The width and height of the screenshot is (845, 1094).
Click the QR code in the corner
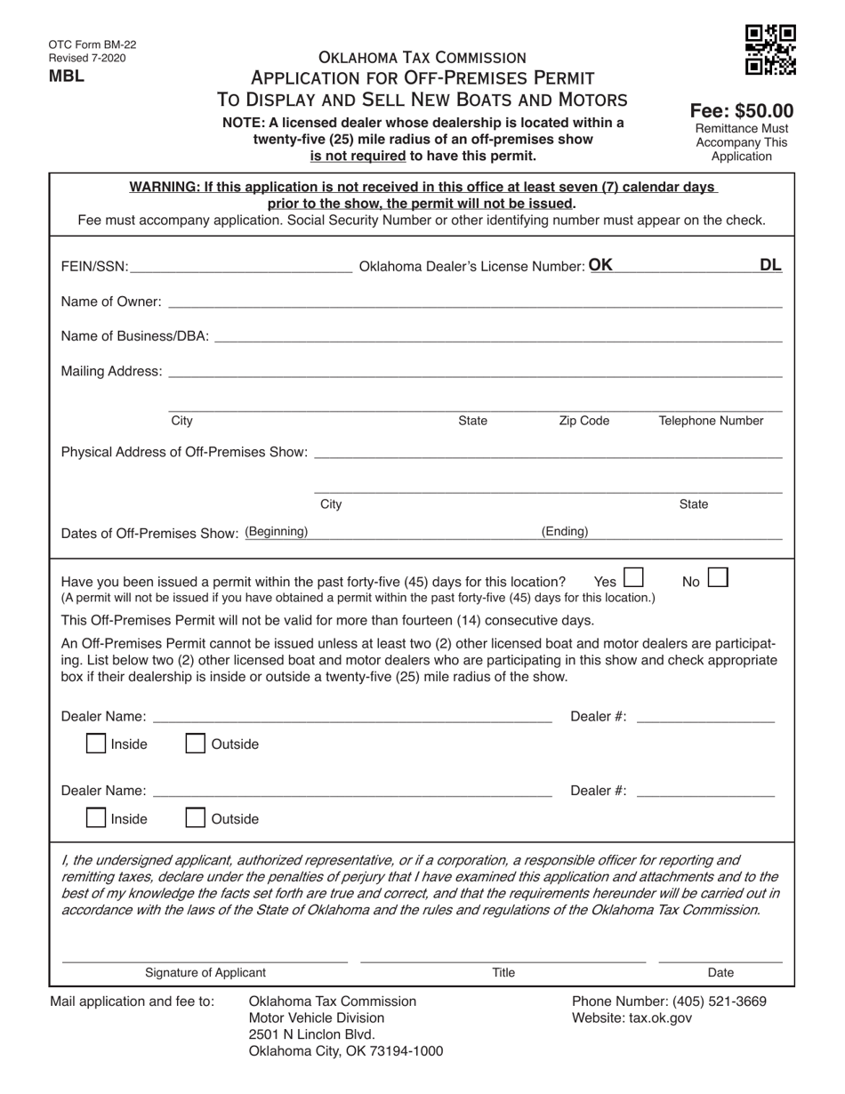point(770,51)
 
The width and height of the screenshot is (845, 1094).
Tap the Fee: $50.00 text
point(742,111)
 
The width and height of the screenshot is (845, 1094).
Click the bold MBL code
point(67,76)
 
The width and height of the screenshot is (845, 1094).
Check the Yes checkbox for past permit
point(633,578)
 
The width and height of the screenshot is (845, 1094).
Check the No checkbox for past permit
point(717,578)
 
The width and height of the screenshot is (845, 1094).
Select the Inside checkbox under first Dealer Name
point(96,744)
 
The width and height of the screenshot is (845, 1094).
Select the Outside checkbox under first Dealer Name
point(195,744)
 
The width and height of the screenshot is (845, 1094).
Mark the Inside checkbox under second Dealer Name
point(96,818)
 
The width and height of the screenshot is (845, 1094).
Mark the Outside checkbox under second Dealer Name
point(195,818)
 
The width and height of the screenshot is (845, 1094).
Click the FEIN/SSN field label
point(94,267)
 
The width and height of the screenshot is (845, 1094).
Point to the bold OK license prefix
point(600,264)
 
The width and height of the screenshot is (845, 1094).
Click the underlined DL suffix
point(770,264)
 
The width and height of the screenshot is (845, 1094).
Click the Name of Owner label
point(111,302)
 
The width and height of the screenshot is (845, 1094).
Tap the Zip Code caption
point(583,421)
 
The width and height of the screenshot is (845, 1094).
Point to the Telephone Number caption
point(711,421)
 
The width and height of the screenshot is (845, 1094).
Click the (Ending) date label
point(565,531)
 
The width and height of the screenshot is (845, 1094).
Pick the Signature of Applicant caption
point(205,973)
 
